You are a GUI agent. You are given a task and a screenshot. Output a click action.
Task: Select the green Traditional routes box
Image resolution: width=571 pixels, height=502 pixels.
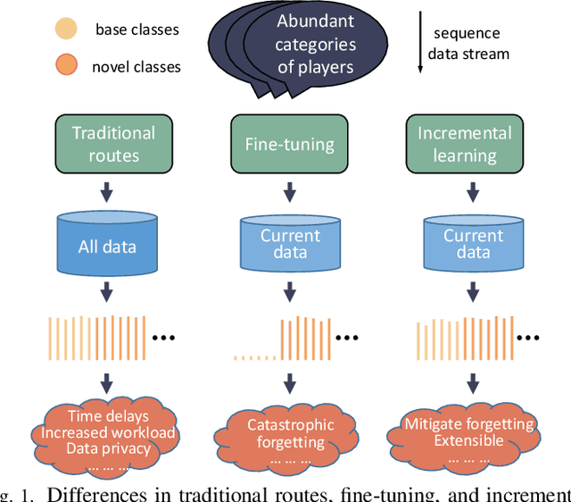pos(113,144)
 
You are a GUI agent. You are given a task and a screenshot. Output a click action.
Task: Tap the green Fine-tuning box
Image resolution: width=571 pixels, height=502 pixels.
pos(289,144)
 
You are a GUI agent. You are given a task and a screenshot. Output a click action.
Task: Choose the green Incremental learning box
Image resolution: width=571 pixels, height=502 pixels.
pos(465,144)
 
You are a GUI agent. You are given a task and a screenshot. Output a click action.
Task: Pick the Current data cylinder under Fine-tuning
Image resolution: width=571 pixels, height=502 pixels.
pos(290,244)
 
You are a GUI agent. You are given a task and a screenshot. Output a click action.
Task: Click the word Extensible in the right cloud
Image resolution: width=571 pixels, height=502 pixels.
pos(468,440)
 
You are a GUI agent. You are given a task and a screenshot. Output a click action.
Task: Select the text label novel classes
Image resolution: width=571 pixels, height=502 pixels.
pos(137,67)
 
